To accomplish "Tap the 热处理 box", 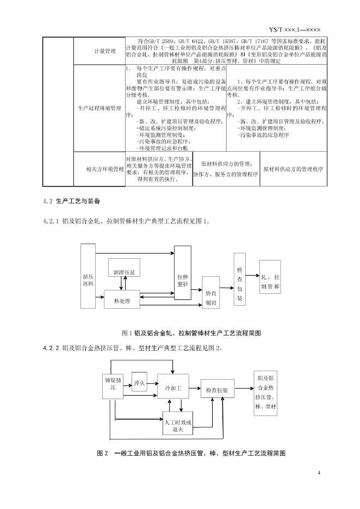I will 122,301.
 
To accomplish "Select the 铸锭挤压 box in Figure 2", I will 114,384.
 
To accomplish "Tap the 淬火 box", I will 140,383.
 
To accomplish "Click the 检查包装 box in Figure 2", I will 217,390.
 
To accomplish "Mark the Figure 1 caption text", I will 180,332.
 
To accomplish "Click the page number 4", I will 319,471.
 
